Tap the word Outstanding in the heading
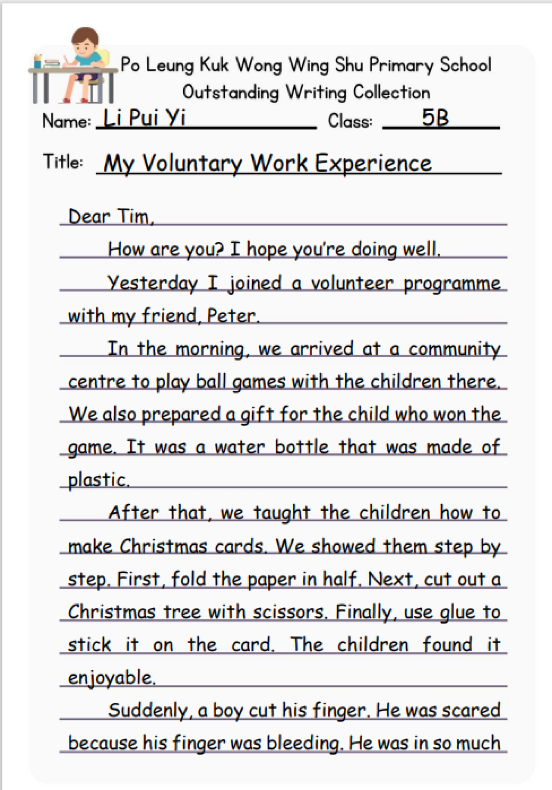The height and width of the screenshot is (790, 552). [x=231, y=93]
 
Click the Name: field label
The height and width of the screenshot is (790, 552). [x=67, y=121]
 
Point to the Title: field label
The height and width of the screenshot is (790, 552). [x=63, y=162]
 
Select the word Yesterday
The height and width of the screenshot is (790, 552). [x=153, y=283]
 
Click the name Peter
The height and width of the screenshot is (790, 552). [x=232, y=316]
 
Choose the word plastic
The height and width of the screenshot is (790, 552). [x=98, y=480]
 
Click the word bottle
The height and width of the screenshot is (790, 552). [x=302, y=447]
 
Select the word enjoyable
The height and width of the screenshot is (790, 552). [x=111, y=678]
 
